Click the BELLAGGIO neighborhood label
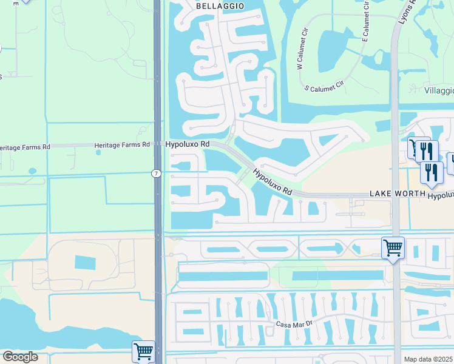click(x=220, y=5)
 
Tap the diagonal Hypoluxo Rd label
click(x=273, y=182)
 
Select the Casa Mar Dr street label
click(x=294, y=324)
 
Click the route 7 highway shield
click(x=156, y=174)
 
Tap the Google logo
click(x=20, y=357)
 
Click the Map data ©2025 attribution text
click(x=429, y=359)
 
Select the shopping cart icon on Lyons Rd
click(x=393, y=248)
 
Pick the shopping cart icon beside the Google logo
click(x=143, y=351)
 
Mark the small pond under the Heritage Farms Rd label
click(x=98, y=152)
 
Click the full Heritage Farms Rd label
click(x=121, y=145)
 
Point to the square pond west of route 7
click(x=85, y=262)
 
